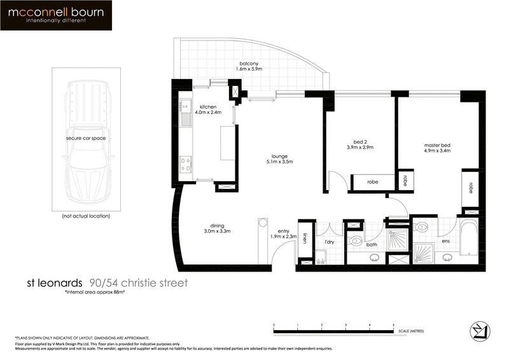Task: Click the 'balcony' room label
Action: pos(248,64)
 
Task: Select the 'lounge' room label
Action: pos(279,156)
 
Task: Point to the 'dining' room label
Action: pos(219,224)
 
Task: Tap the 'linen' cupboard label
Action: pos(306,239)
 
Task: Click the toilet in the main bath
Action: pos(356,240)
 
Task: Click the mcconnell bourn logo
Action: pos(57,16)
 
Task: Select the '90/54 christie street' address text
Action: pos(139,282)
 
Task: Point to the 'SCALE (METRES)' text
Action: pos(411,331)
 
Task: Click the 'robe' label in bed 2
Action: pos(373,182)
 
